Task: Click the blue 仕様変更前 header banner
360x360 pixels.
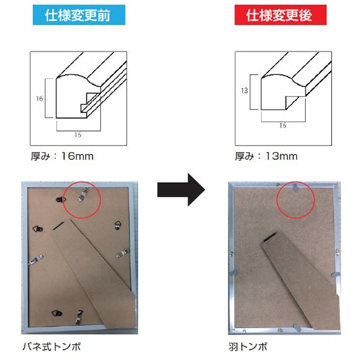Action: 79,15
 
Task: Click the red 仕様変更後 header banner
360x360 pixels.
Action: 280,15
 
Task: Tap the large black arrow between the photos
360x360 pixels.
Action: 181,189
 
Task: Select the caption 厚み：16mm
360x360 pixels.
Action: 62,156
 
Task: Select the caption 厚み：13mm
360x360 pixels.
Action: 266,156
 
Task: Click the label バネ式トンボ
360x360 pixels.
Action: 52,347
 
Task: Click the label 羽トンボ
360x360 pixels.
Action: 248,347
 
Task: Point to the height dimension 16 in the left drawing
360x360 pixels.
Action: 40,99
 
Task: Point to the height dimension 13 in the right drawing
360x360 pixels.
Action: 244,91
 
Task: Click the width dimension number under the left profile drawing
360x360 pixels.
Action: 78,135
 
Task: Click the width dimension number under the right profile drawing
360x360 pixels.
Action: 283,125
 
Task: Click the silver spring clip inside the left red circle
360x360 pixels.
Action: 83,194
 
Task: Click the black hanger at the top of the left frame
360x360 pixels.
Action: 61,199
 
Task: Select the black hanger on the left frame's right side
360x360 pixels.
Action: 117,225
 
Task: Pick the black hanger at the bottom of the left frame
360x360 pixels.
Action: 57,313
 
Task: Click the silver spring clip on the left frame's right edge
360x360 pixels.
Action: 123,253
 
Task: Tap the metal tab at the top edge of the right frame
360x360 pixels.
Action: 295,187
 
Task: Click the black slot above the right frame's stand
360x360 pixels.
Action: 271,236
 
